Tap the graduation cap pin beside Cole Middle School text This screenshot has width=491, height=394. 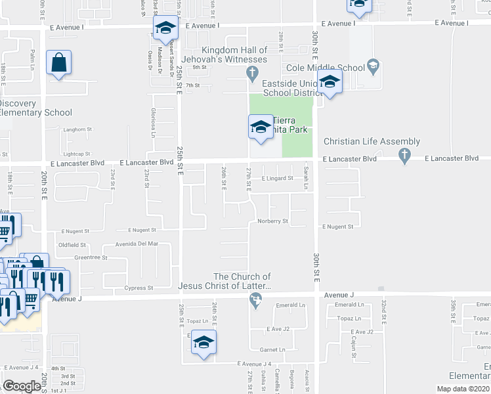point(373,66)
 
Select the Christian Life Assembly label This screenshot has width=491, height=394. point(372,142)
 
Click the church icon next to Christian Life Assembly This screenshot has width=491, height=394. point(406,155)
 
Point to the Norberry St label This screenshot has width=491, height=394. point(272,221)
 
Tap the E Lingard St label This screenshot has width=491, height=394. point(277,178)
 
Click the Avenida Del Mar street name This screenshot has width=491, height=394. point(138,244)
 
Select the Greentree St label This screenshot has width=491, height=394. point(91,258)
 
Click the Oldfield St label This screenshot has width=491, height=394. point(72,245)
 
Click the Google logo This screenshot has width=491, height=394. point(22,386)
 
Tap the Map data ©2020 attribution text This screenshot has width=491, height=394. point(463,389)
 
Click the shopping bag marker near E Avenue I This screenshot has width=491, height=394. point(58,64)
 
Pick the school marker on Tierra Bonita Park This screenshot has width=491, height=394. point(261,126)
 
